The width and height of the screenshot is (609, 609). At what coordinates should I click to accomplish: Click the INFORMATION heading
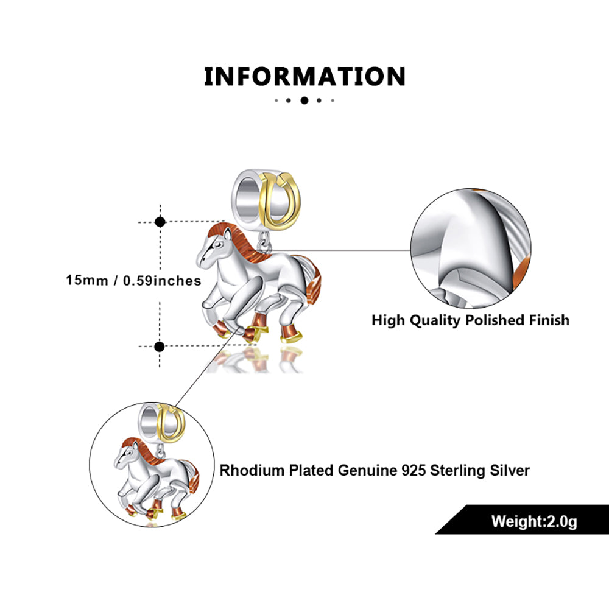pyautogui.click(x=304, y=77)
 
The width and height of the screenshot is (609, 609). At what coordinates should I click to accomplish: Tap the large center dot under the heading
pyautogui.click(x=304, y=100)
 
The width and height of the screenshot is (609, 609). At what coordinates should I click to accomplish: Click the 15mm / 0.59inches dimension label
pyautogui.click(x=134, y=281)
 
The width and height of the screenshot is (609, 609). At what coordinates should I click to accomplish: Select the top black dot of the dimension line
pyautogui.click(x=160, y=222)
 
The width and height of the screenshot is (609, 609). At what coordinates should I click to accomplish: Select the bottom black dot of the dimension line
pyautogui.click(x=160, y=347)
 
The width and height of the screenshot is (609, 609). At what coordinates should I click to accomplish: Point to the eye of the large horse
pyautogui.click(x=218, y=243)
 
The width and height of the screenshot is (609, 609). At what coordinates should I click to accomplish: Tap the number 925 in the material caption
pyautogui.click(x=400, y=470)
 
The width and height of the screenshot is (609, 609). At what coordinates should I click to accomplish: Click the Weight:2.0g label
pyautogui.click(x=534, y=521)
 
